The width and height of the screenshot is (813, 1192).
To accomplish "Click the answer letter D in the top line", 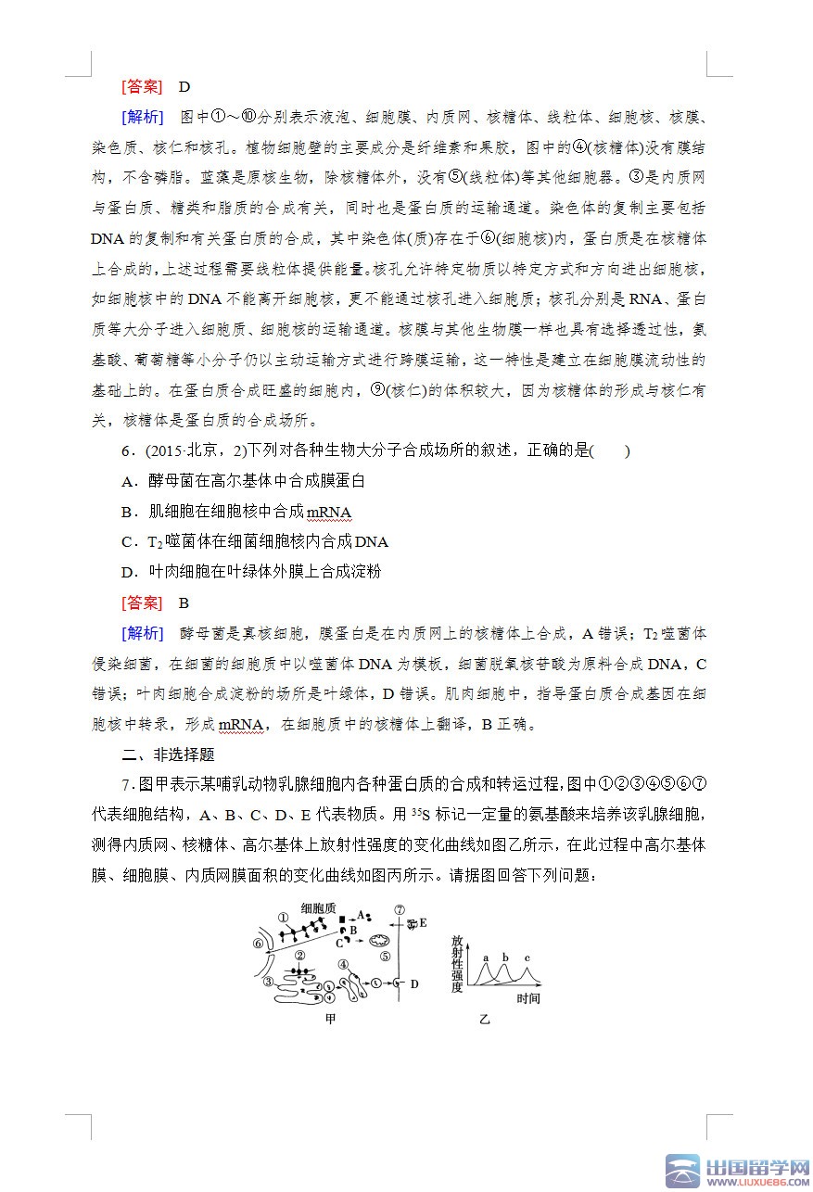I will coord(184,87).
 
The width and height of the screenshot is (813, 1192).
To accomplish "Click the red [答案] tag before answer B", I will coord(141,602).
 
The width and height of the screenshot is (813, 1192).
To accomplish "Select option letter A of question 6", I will coord(128,481).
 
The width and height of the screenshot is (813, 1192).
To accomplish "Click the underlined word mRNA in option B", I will coord(328,512).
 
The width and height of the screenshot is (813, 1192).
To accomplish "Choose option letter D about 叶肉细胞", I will coord(128,571).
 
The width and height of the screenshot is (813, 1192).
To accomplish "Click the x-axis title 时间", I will coord(528,998).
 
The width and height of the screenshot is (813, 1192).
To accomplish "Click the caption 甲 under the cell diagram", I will coord(330,1020).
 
